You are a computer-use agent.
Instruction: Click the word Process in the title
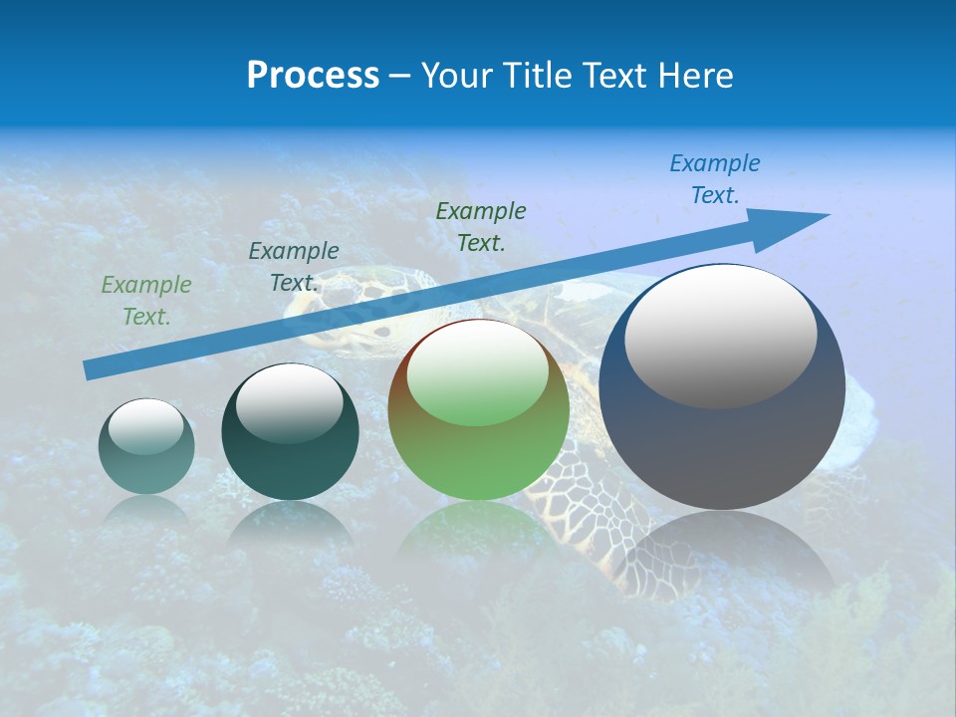pyautogui.click(x=313, y=76)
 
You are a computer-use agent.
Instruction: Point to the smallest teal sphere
pyautogui.click(x=146, y=446)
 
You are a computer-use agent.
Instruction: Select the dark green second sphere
pyautogui.click(x=290, y=432)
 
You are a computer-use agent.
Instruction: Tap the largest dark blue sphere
pyautogui.click(x=722, y=387)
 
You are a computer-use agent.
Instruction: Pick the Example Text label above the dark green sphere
pyautogui.click(x=294, y=267)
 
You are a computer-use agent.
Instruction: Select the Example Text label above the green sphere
pyautogui.click(x=481, y=226)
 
